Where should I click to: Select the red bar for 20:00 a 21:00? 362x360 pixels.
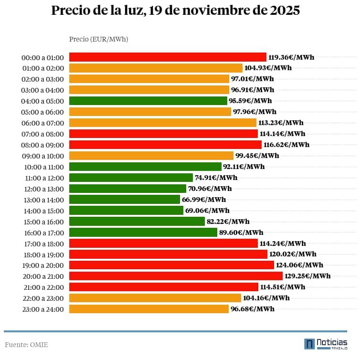176,276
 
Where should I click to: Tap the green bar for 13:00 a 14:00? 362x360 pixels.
125,199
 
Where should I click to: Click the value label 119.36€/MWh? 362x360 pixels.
291,57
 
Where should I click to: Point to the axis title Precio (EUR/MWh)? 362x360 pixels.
98,39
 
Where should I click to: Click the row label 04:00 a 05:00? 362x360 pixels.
42,101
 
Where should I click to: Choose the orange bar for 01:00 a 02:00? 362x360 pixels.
156,68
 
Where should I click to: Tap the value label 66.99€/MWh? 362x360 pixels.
204,200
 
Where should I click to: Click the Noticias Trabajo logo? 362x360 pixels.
326,344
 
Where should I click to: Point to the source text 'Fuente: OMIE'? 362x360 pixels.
26,345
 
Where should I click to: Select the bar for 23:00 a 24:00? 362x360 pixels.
149,309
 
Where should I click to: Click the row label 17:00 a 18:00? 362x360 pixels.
42,244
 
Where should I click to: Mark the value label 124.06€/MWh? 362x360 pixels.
299,265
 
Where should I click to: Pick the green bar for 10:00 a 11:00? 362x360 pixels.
145,167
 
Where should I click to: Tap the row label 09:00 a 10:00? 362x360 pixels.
42,156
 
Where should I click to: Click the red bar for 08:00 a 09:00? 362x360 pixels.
165,145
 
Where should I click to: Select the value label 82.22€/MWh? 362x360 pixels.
228,222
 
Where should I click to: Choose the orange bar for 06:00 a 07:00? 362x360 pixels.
163,123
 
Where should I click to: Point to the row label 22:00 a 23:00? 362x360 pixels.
42,298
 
